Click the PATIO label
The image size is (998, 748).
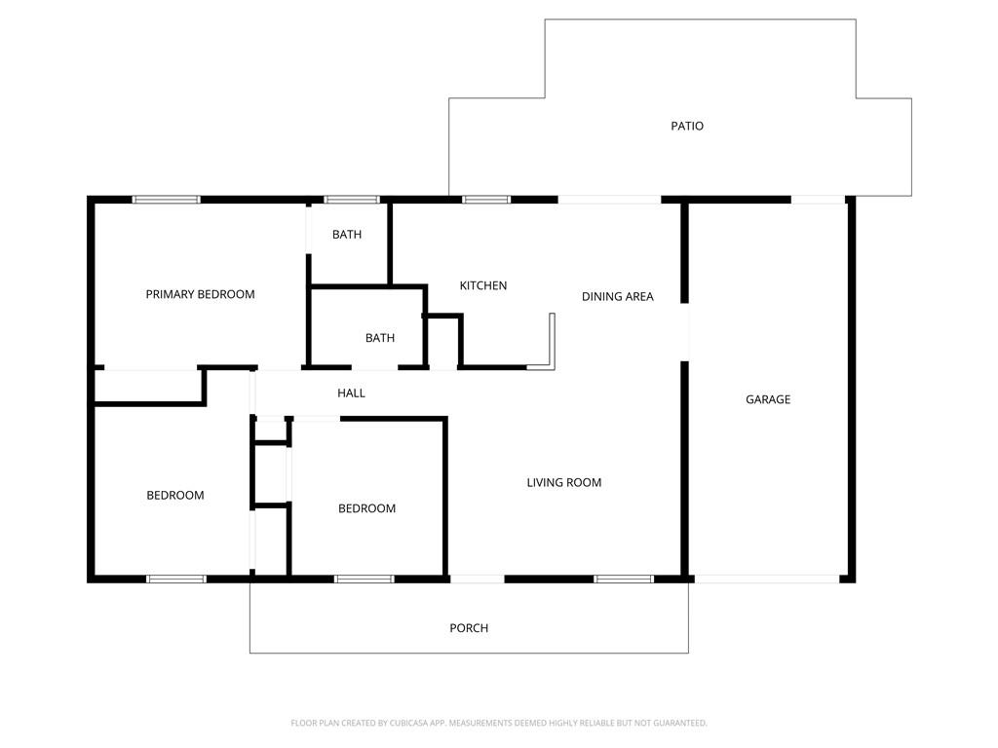(687, 126)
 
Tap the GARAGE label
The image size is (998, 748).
(768, 399)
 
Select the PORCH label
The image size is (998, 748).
(469, 628)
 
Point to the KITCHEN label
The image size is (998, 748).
(483, 285)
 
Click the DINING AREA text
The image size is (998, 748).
(617, 296)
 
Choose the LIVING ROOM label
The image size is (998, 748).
(564, 482)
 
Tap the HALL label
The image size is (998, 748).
(351, 393)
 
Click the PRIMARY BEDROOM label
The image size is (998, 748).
(200, 294)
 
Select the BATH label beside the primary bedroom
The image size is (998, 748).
(347, 234)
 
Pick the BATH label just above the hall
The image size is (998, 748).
(380, 338)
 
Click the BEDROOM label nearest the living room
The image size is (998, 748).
(366, 508)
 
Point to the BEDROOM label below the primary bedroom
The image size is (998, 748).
(175, 495)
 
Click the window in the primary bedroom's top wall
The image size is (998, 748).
(166, 200)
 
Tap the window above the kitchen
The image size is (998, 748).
(486, 200)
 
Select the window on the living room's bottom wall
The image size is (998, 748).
(624, 579)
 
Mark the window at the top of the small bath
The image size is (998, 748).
(352, 200)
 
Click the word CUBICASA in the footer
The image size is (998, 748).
(409, 723)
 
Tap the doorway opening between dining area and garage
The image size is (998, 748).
(685, 332)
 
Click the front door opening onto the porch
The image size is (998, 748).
(478, 579)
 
